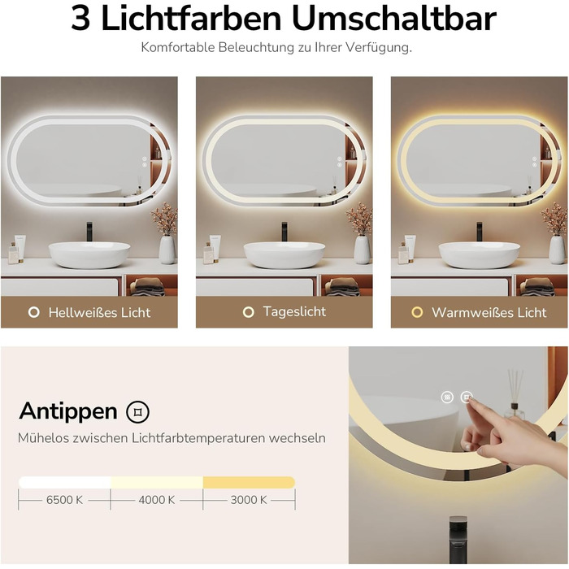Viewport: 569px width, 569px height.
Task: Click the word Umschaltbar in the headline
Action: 394,19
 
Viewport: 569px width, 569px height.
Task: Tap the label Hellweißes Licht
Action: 99,312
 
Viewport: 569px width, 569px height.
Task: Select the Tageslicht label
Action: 294,311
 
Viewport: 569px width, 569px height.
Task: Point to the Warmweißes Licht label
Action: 489,312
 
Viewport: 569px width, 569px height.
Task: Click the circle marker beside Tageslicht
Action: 248,311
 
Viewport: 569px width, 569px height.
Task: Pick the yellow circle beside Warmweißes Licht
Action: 417,312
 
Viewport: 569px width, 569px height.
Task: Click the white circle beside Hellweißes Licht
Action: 34,312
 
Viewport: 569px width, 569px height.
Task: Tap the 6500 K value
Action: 64,500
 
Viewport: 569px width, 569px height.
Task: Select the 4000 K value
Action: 157,500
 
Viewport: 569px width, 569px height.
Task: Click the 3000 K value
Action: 249,500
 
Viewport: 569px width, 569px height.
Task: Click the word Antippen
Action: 68,411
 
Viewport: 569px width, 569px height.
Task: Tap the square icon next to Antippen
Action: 137,412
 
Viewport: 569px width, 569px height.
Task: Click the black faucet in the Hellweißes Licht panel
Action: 89,231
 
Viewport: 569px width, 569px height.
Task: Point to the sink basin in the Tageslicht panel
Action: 284,255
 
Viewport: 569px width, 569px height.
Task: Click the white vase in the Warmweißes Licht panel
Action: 557,250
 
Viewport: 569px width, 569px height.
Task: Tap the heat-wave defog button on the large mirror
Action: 447,397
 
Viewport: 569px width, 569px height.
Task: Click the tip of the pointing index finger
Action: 469,399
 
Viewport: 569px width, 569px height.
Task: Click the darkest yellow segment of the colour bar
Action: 249,482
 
